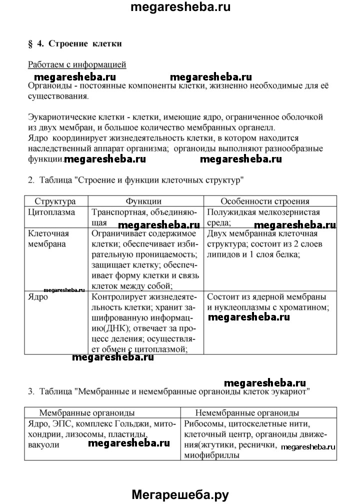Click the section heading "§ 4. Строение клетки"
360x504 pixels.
pyautogui.click(x=75, y=43)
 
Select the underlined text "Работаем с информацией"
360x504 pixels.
pyautogui.click(x=77, y=64)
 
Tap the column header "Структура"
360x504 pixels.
pyautogui.click(x=55, y=201)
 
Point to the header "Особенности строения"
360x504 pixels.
pyautogui.click(x=265, y=201)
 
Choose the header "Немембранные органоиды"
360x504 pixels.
pyautogui.click(x=247, y=413)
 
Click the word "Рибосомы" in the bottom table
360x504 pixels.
pyautogui.click(x=202, y=423)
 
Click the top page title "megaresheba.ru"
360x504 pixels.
pyautogui.click(x=179, y=7)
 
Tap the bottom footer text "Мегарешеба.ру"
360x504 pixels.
pyautogui.click(x=179, y=494)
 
